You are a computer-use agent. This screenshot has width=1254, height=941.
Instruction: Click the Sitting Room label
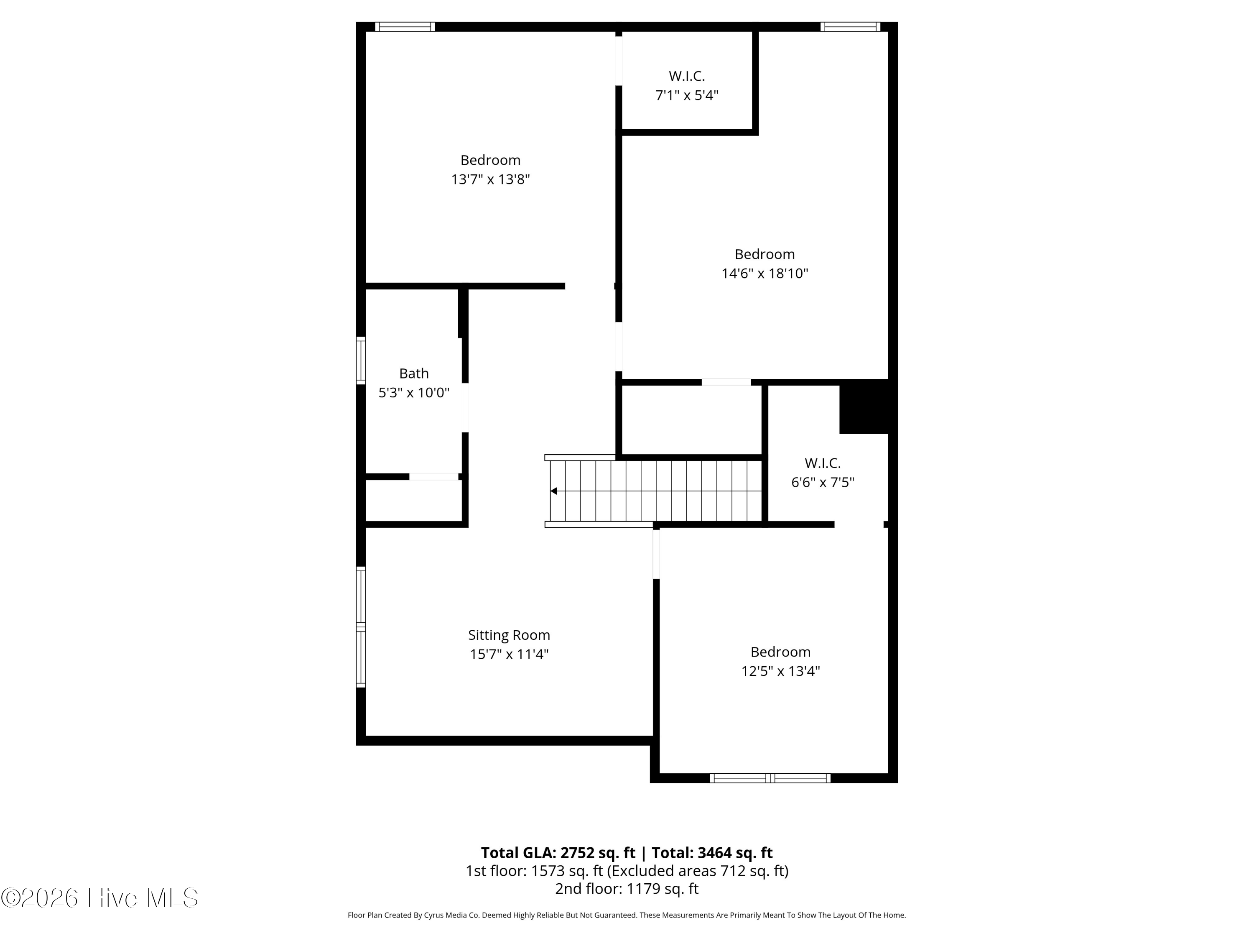point(509,635)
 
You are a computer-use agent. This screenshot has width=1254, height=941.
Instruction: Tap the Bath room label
point(414,373)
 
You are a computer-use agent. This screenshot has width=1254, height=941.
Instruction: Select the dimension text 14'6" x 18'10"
point(764,274)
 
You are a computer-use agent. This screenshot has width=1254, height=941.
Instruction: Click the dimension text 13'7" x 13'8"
point(490,179)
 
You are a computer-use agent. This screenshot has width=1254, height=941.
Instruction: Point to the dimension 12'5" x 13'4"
point(780,671)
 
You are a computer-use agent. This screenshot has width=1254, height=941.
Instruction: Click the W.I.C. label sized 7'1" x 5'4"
point(686,76)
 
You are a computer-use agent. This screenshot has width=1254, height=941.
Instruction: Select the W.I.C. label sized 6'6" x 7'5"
point(822,463)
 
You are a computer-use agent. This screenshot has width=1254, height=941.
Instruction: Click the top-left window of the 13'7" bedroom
point(405,27)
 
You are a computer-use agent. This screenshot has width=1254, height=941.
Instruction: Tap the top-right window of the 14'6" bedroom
point(850,27)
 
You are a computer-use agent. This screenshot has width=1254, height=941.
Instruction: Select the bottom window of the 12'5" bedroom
point(770,778)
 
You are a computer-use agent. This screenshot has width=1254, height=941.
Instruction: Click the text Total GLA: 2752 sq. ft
point(558,853)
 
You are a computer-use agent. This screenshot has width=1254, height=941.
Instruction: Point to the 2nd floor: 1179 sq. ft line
point(627,889)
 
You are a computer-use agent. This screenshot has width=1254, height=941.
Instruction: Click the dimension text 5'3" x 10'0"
point(414,393)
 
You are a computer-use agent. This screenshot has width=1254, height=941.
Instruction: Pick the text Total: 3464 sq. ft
point(712,853)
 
